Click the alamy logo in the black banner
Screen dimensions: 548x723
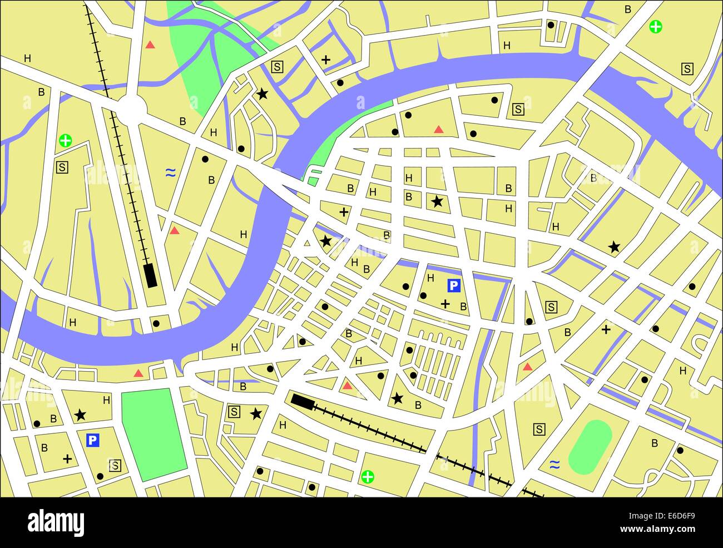pos(56,523)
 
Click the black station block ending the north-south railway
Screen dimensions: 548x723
pos(150,275)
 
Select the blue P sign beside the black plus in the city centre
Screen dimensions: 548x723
pos(454,286)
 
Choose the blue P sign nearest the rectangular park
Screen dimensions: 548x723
pos(93,441)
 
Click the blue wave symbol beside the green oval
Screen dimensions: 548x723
pos(554,464)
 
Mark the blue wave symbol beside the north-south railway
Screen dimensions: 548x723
pos(171,173)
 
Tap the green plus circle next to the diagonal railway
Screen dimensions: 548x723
pos(368,477)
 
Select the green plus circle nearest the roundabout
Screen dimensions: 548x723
pos(66,140)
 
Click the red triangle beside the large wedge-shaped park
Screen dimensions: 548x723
pos(150,45)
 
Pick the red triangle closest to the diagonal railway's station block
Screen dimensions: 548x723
pos(348,386)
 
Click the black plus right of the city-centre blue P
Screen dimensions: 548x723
pos(445,304)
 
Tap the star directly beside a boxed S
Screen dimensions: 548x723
pos(256,413)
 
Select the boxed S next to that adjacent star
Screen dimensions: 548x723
pos(234,412)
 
